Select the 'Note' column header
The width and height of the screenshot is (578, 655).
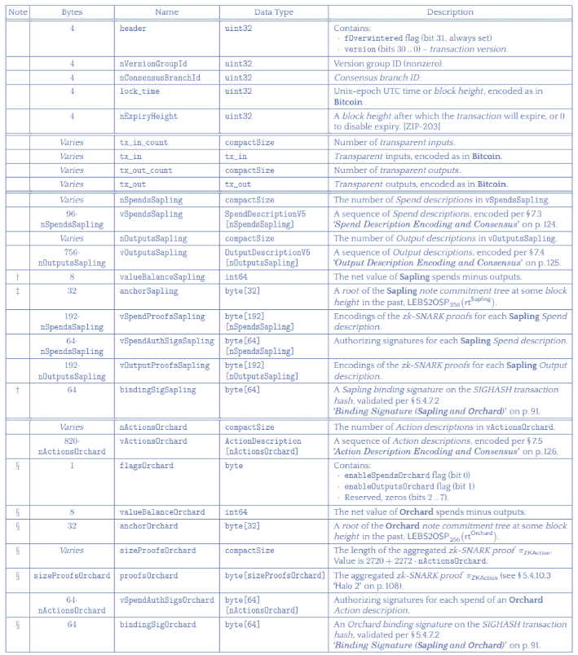click(x=18, y=12)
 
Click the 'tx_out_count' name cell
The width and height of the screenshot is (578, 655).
click(x=144, y=170)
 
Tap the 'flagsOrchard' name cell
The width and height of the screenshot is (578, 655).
click(x=146, y=466)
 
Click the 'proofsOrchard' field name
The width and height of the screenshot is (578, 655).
click(x=147, y=575)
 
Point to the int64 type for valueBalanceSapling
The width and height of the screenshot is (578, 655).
click(x=236, y=277)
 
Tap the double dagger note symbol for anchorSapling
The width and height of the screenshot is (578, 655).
click(x=18, y=290)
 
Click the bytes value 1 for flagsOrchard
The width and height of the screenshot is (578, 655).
click(x=72, y=466)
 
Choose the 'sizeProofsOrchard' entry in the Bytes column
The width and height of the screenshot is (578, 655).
click(x=72, y=575)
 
